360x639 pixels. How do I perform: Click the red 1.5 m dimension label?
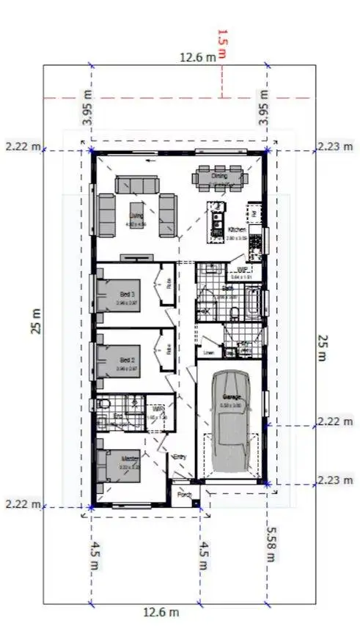point(222,44)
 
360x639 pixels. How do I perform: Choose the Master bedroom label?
point(130,459)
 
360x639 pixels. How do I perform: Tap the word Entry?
point(179,457)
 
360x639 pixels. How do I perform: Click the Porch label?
point(184,494)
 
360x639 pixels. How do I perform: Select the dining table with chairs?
point(220,177)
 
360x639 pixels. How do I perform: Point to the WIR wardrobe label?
point(157,409)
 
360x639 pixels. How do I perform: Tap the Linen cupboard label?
point(209,352)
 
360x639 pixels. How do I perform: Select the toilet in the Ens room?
point(103,404)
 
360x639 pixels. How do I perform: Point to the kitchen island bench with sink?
point(216,219)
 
